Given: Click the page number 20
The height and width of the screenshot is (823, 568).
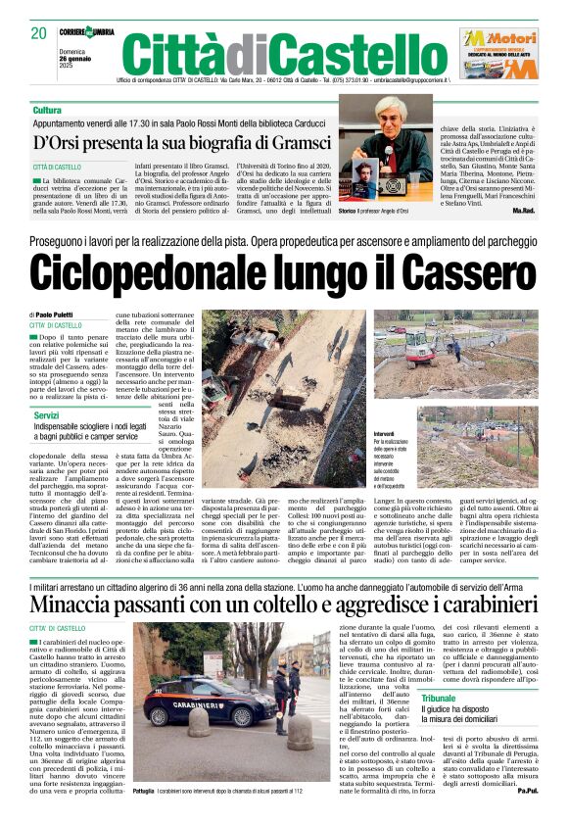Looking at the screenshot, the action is pyautogui.click(x=38, y=32).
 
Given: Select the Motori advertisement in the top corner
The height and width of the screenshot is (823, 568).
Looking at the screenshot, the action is pyautogui.click(x=497, y=52).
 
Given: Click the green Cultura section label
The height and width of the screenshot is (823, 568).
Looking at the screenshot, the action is pyautogui.click(x=47, y=110).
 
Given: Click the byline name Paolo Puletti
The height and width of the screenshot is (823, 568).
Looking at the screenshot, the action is pyautogui.click(x=65, y=314).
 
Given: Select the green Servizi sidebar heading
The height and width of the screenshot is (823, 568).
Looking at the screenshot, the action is pyautogui.click(x=46, y=416).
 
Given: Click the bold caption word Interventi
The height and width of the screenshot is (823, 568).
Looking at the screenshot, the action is pyautogui.click(x=388, y=432).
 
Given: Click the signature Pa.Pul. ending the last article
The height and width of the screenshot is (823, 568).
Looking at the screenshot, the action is pyautogui.click(x=526, y=790).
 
